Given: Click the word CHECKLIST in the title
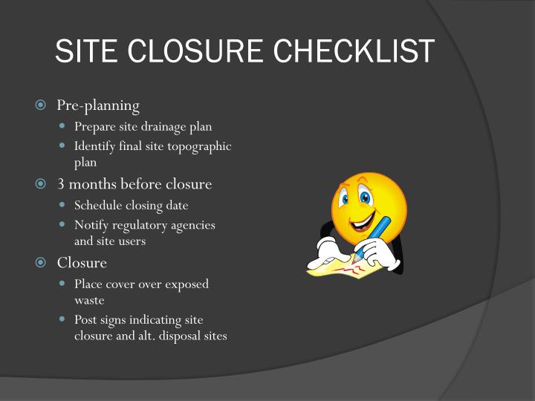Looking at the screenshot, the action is coord(354,50).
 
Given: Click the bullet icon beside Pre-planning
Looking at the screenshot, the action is coord(41,105).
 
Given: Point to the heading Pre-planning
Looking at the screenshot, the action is coord(98,105).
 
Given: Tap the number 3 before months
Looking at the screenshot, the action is coord(61,184).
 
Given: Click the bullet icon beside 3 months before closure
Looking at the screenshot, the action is coord(41,184).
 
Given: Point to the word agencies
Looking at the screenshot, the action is coord(193,226).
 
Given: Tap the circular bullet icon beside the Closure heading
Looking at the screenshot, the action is coord(41,262).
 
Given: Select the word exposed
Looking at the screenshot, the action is coord(187,284).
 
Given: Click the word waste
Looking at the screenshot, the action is coord(89,301).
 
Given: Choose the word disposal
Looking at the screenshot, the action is coord(180,336).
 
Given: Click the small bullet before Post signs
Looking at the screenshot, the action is coord(62,319).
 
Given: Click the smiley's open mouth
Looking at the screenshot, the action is coord(363,222).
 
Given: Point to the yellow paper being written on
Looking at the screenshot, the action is coord(345,269).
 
